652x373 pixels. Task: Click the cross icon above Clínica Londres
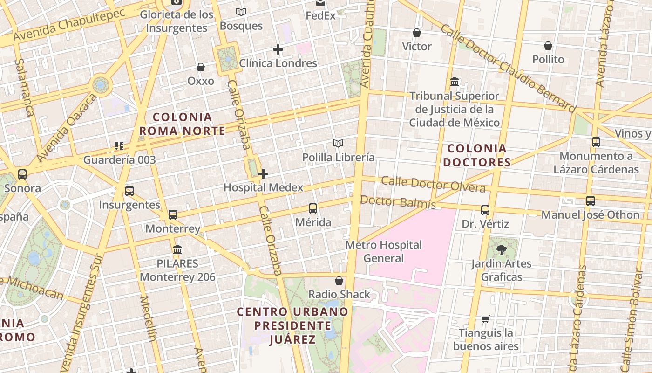click(x=278, y=49)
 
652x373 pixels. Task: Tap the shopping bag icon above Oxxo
click(x=201, y=68)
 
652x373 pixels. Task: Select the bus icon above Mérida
click(x=313, y=208)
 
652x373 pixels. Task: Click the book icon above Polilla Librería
click(x=338, y=144)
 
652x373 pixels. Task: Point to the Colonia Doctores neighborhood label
click(x=476, y=155)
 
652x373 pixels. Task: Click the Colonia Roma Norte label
click(x=183, y=124)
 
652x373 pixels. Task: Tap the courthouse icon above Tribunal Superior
click(x=455, y=83)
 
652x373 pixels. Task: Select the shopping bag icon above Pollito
click(x=548, y=46)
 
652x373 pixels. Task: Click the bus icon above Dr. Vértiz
click(x=485, y=210)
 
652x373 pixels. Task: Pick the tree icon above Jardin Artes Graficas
click(x=502, y=250)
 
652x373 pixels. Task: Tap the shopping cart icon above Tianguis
click(x=486, y=319)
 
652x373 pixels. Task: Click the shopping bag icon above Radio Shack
click(x=339, y=281)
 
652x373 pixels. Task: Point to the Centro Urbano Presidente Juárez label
click(x=292, y=325)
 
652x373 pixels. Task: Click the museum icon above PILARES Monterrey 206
click(x=177, y=250)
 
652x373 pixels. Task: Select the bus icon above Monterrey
click(x=173, y=215)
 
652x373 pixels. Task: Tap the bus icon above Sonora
click(x=22, y=175)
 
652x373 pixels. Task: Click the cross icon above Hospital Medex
click(x=263, y=174)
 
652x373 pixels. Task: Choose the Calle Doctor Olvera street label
click(x=433, y=184)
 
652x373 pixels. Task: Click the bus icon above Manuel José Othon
click(x=591, y=201)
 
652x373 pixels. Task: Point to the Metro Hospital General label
click(x=384, y=251)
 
